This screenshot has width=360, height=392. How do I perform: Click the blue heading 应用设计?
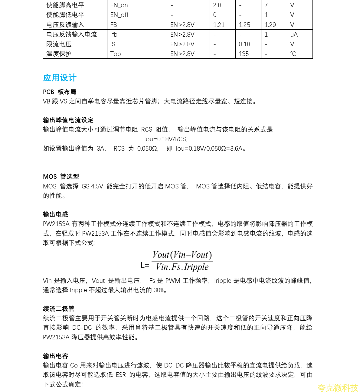point(60,78)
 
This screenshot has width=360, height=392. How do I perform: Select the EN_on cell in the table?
point(119,5)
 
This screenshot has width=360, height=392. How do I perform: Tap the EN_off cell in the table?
point(119,15)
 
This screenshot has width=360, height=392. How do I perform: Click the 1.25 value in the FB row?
point(244,25)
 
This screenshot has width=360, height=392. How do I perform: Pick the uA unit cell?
point(294,34)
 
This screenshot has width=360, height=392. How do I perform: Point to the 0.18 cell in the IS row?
point(244,44)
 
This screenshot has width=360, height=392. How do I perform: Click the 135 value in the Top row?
point(244,54)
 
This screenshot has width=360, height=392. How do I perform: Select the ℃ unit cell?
point(293,54)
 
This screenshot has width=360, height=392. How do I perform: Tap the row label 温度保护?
point(59,54)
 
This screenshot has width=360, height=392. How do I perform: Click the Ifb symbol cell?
point(114,34)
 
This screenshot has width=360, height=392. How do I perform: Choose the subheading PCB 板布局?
point(60,92)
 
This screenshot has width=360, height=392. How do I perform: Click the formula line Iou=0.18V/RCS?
point(166,139)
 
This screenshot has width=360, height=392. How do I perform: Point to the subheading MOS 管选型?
point(61,177)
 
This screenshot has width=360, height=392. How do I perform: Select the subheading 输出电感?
point(55,214)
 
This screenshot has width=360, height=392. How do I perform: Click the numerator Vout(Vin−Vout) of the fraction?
point(182,255)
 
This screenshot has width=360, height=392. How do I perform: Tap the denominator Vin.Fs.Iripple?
point(182,267)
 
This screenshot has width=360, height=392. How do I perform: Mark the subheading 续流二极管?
point(58,309)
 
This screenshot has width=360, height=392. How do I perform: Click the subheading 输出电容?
point(55,356)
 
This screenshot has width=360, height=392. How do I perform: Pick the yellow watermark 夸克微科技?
point(338,387)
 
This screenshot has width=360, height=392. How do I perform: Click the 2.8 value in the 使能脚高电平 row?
point(217,5)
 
